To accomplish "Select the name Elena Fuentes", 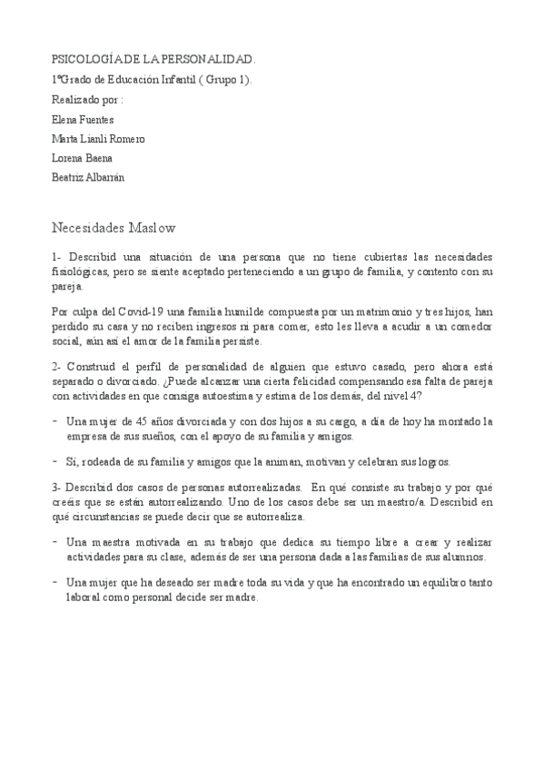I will (x=84, y=118).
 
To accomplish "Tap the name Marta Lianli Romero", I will (x=98, y=138).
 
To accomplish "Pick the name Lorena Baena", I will (x=83, y=158).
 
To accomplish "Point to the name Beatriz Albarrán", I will (x=88, y=178).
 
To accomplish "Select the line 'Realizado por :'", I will (x=87, y=99).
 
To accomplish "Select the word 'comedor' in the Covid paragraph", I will (x=471, y=326).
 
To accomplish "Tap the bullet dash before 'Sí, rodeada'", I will (x=56, y=460).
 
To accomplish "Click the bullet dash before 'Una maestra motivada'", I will (x=56, y=542).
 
